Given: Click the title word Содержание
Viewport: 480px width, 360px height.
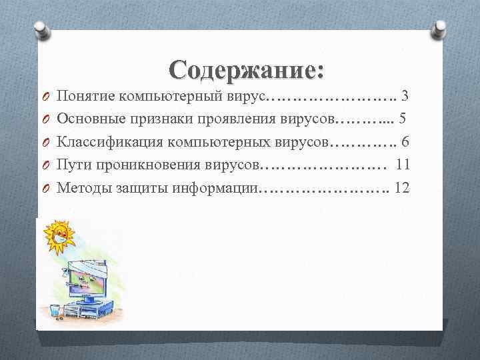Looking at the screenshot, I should [x=243, y=70].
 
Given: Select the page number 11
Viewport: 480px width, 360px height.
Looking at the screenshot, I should [x=403, y=165].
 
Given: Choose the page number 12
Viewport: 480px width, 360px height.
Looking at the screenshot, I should [x=402, y=187].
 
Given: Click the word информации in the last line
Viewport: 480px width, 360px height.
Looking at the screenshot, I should [x=214, y=187].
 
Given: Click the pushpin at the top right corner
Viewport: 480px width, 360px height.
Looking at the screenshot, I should [x=441, y=28].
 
